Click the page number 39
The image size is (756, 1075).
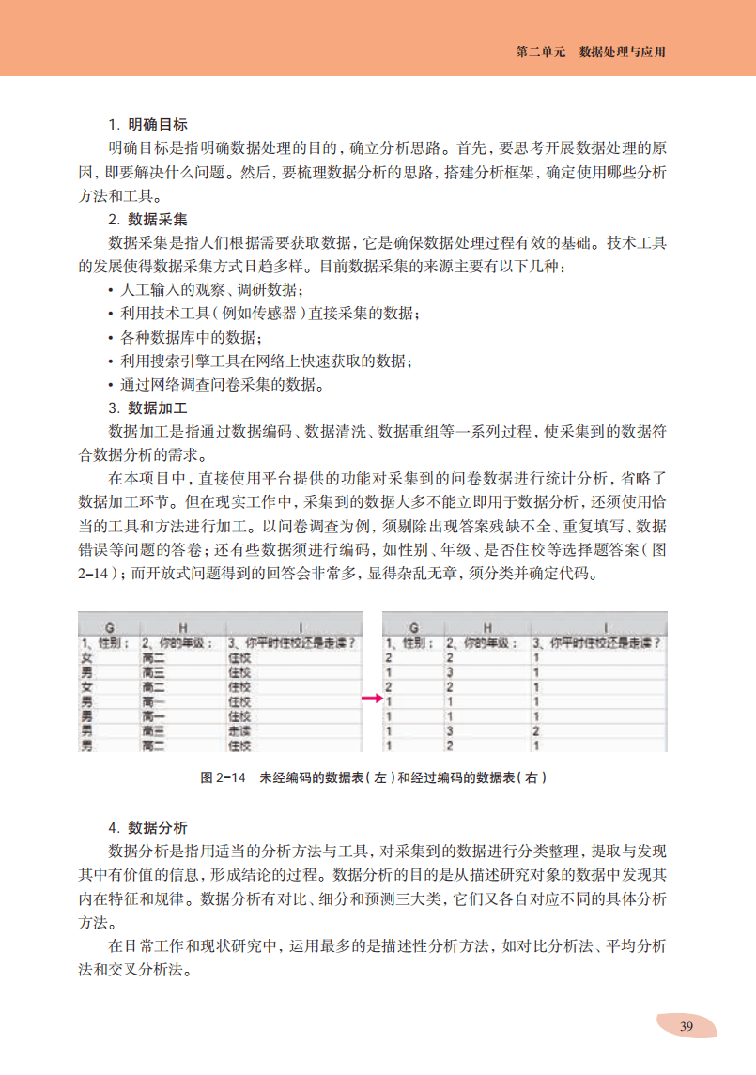pos(687,1026)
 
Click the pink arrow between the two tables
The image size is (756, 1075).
pos(373,699)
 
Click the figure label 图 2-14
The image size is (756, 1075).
pos(223,778)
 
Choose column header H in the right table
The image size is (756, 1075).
pos(487,626)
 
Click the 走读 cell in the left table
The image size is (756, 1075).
pos(240,730)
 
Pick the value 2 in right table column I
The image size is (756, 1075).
pos(536,730)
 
